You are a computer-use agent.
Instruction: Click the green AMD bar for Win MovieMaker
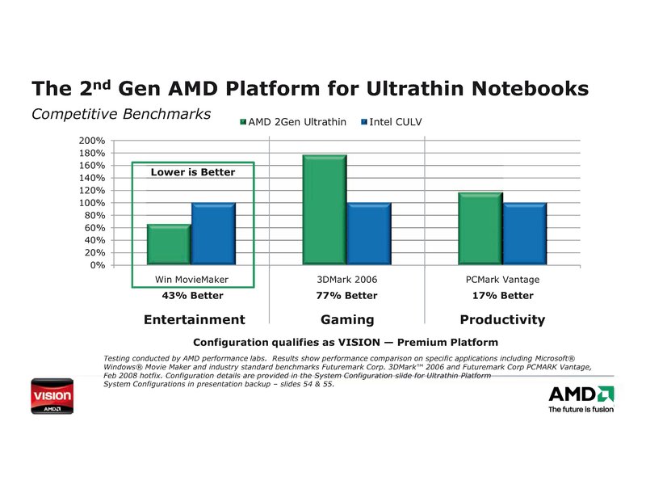[x=169, y=244]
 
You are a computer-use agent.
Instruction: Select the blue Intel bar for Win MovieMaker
[x=213, y=234]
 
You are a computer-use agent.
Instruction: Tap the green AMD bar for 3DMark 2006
[x=325, y=209]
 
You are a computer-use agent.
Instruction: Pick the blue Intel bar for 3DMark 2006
[x=369, y=234]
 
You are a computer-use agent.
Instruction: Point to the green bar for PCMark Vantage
[x=480, y=228]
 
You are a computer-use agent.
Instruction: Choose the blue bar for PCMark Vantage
[x=524, y=234]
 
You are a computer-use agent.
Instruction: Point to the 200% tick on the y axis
[x=92, y=141]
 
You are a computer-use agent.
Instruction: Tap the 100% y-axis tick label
[x=92, y=203]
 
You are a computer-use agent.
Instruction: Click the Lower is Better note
[x=193, y=172]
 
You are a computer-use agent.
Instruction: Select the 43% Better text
[x=193, y=296]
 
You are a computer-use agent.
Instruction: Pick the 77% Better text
[x=348, y=296]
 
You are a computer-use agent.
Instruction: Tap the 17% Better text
[x=502, y=296]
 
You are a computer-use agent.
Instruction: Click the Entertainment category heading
[x=194, y=319]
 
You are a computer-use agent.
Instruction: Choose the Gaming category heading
[x=347, y=319]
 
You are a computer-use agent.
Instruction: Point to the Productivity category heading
[x=502, y=319]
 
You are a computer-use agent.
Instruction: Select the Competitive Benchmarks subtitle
[x=120, y=113]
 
